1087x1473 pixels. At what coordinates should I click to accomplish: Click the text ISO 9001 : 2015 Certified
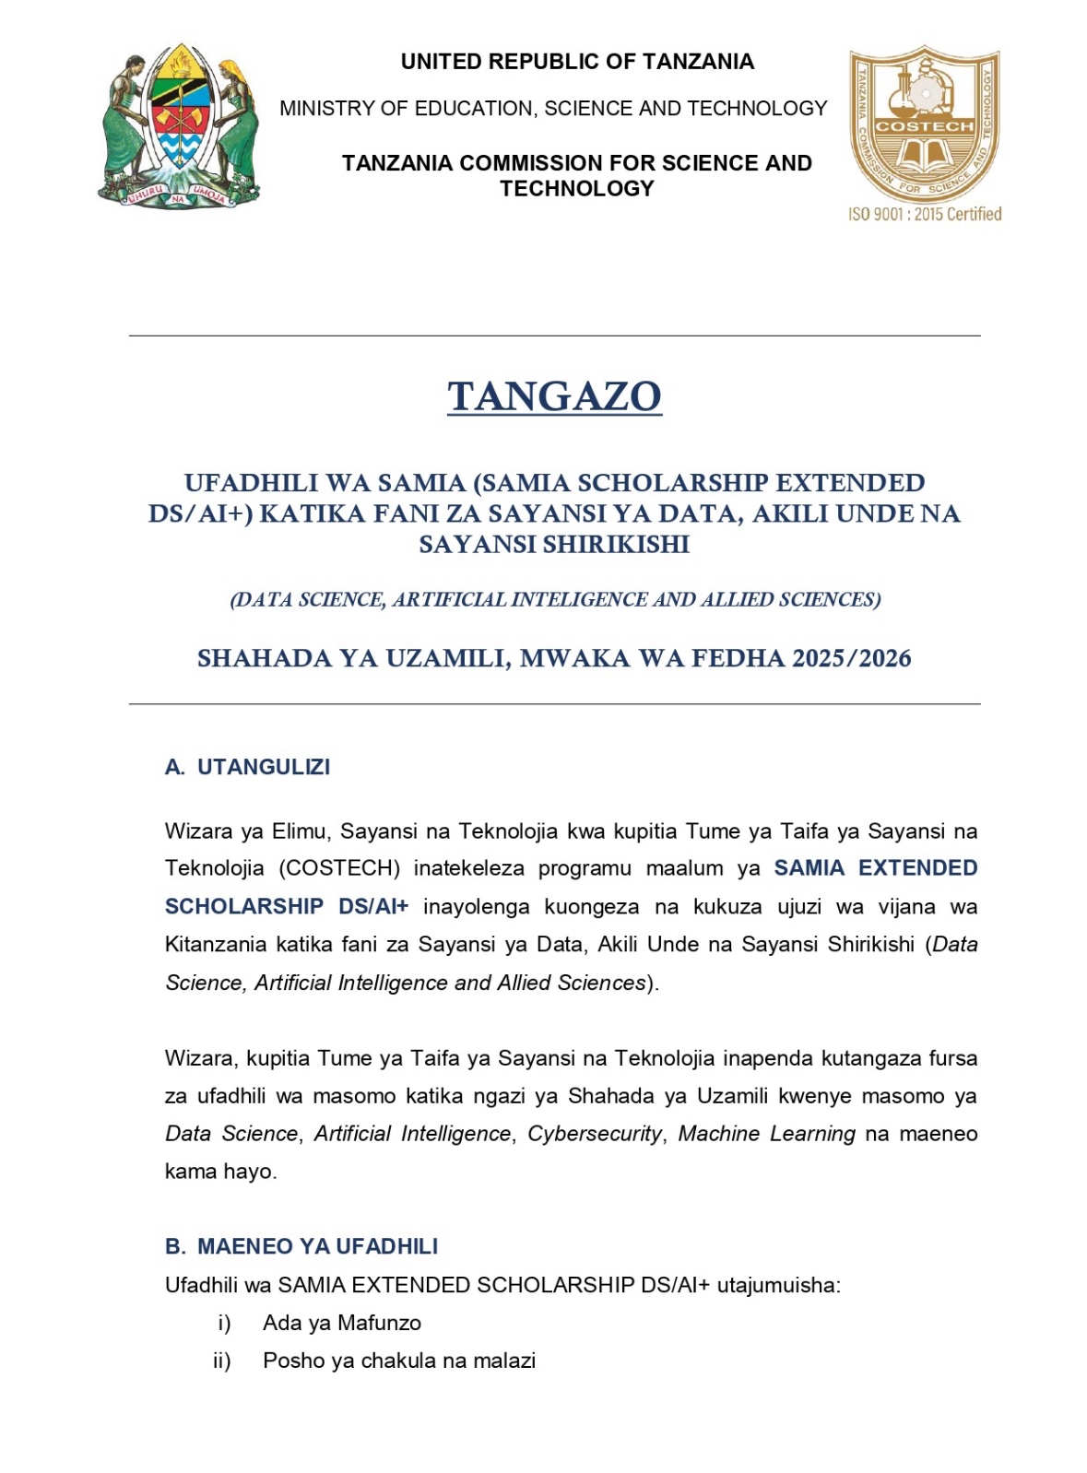[925, 214]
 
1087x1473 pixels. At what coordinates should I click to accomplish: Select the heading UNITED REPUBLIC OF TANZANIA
[577, 62]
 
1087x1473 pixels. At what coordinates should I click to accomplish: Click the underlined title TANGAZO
[554, 396]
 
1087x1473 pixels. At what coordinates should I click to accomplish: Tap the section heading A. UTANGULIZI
[247, 767]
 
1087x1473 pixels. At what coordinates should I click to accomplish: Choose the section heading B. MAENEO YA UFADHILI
[301, 1246]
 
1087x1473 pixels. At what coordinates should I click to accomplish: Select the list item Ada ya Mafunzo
[342, 1323]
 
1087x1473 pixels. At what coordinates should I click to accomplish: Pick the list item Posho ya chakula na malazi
[399, 1361]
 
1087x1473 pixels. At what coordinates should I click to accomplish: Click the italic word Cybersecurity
[595, 1134]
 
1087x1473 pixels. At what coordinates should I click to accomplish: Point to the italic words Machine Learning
[766, 1134]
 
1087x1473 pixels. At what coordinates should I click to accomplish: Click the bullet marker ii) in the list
[222, 1361]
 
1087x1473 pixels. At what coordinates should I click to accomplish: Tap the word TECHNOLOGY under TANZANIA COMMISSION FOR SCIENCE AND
[577, 188]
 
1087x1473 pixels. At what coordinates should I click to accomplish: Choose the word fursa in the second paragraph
[952, 1058]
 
